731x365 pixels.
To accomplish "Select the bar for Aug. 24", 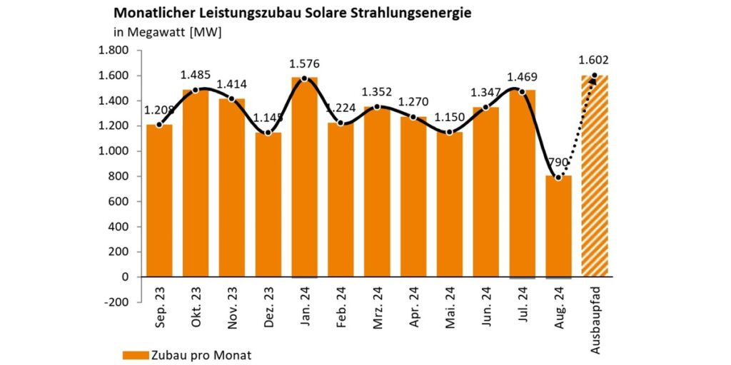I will [x=558, y=228].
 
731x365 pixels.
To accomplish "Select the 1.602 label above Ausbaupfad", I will [x=594, y=60].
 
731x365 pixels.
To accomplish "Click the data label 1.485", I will [x=195, y=74].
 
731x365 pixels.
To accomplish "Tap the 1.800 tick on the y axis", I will [x=114, y=51].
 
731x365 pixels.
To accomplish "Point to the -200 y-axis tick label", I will [x=116, y=302].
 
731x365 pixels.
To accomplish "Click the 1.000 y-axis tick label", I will [x=114, y=151].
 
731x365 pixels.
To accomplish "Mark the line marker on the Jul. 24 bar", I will [x=522, y=91].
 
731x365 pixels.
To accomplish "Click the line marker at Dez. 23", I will [x=268, y=133].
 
